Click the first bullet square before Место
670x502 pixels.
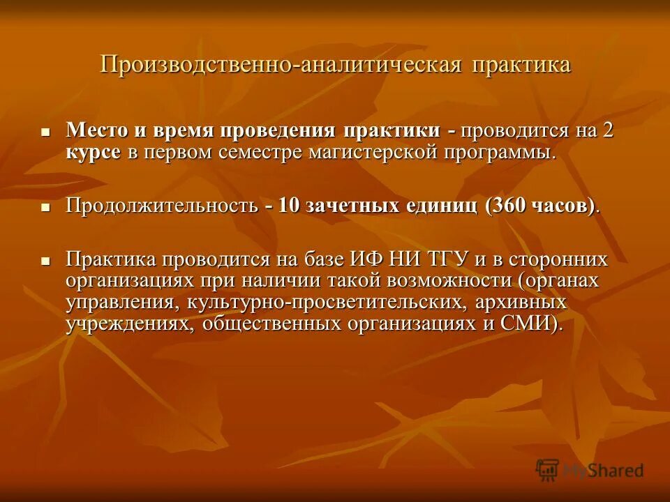(45, 131)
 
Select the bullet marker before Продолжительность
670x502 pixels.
(45, 207)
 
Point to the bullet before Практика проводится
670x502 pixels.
(45, 261)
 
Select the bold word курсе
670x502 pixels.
(94, 153)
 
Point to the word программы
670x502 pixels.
(497, 153)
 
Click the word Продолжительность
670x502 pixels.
(161, 206)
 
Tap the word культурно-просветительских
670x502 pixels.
(324, 303)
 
